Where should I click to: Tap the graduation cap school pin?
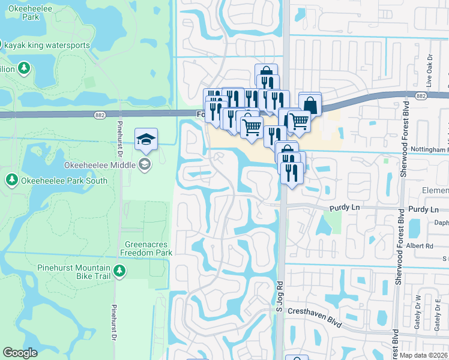pyautogui.click(x=146, y=140)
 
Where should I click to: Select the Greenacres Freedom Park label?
pyautogui.click(x=148, y=248)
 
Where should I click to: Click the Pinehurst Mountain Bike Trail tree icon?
pyautogui.click(x=119, y=272)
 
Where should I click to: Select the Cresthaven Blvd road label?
pyautogui.click(x=315, y=317)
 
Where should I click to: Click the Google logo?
pyautogui.click(x=20, y=353)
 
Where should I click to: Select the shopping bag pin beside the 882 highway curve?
pyautogui.click(x=310, y=105)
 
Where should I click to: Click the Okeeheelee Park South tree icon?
pyautogui.click(x=11, y=179)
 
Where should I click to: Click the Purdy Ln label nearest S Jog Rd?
pyautogui.click(x=344, y=208)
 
